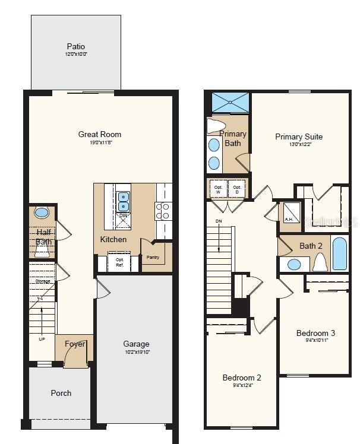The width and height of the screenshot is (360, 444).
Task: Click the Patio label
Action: pos(75,46)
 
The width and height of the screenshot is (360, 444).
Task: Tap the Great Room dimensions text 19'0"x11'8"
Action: pos(99,142)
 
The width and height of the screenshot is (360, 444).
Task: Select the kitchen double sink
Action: pos(124,201)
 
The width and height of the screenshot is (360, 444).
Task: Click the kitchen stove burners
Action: pos(163,211)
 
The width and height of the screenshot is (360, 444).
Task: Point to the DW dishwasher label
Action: pos(124,215)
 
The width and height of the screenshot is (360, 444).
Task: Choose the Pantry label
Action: pos(153,257)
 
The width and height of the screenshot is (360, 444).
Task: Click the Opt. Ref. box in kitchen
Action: pos(119,262)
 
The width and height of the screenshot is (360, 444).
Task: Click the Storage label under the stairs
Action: pos(42,281)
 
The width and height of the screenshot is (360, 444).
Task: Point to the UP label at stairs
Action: pos(41,340)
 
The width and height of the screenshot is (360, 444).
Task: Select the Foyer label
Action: pos(75,344)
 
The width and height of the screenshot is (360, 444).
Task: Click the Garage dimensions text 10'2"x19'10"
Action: pos(136,352)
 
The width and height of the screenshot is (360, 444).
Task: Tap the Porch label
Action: pos(61,393)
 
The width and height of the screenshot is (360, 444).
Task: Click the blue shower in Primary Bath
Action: pos(228,103)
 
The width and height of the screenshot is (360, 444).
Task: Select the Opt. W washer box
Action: pos(218,189)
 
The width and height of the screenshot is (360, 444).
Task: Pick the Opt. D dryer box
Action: pos(236,189)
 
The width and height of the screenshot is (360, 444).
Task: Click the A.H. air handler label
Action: pos(289,220)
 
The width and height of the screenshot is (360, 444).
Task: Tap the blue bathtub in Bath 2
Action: pos(340,253)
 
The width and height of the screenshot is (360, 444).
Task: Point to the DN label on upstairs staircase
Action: pos(218,221)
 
